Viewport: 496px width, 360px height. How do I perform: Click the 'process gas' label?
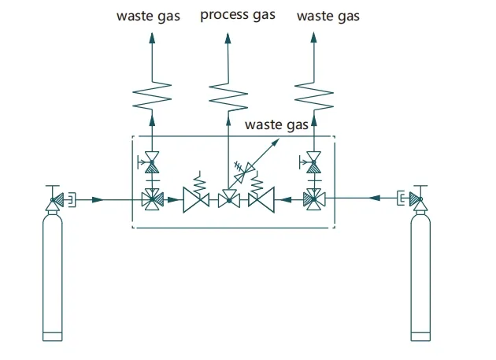tap(238, 15)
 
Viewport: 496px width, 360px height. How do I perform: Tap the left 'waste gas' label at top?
tap(148, 17)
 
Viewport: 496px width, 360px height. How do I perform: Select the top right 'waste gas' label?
tap(328, 17)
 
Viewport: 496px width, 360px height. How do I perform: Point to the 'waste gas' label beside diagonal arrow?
tap(276, 124)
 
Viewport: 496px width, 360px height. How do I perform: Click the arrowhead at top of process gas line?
tap(228, 38)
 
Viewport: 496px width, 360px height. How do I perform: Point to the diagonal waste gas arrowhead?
tap(276, 143)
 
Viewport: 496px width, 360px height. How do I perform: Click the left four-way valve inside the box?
tap(153, 199)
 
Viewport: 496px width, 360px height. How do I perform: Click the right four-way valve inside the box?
tap(314, 199)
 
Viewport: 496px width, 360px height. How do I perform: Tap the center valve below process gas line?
tap(229, 199)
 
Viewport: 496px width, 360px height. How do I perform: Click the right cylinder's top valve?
tap(415, 199)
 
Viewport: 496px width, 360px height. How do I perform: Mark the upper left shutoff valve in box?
tap(150, 162)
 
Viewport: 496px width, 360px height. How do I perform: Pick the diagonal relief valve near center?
tap(244, 171)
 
